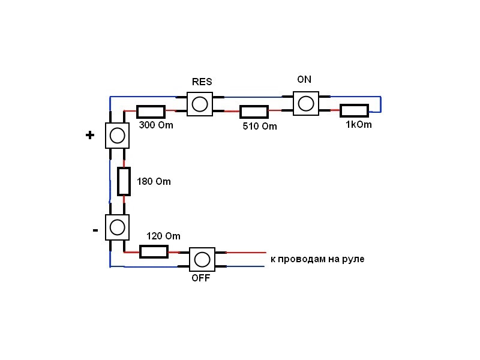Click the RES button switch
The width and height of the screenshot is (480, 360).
click(200, 104)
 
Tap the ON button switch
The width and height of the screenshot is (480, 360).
click(306, 103)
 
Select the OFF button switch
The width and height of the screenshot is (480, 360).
click(202, 260)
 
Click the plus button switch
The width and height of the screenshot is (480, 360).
click(117, 136)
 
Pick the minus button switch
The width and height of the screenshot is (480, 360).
click(117, 227)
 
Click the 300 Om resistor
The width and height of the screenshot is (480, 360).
click(151, 112)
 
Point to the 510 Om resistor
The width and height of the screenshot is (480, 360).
click(254, 112)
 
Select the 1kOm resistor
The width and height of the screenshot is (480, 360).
click(354, 110)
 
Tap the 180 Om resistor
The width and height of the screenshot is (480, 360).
click(124, 181)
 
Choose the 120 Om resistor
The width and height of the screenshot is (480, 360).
click(154, 251)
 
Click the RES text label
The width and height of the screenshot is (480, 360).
click(202, 82)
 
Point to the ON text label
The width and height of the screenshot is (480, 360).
click(304, 79)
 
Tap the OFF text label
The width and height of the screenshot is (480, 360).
click(201, 278)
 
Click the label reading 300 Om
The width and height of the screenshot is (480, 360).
click(156, 125)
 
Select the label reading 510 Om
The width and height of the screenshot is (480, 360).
click(260, 126)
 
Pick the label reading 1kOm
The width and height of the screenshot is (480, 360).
click(359, 124)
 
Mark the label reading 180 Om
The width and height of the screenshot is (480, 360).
click(154, 181)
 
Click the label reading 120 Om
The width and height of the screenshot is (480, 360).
click(163, 236)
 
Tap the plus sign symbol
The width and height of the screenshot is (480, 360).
click(89, 135)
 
